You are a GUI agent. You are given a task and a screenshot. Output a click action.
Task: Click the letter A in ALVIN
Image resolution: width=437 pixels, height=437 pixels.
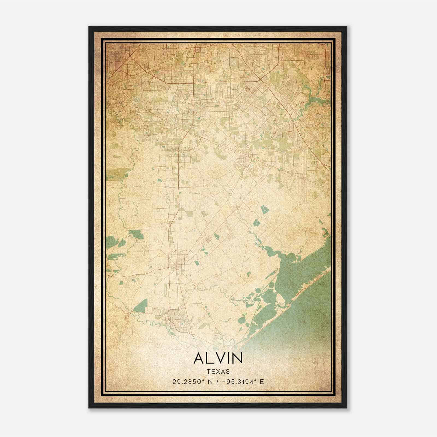point(199,358)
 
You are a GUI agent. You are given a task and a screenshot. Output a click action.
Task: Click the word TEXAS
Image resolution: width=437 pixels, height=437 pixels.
point(218,371)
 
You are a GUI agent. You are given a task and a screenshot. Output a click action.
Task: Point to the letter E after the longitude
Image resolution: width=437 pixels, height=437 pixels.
point(262,382)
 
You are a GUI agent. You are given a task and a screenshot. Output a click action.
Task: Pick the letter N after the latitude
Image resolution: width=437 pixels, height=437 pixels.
point(210,382)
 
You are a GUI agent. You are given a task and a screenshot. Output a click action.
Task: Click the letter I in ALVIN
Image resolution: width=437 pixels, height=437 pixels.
point(228,358)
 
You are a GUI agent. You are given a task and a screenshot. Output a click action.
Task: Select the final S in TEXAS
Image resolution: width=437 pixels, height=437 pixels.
point(228,371)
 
